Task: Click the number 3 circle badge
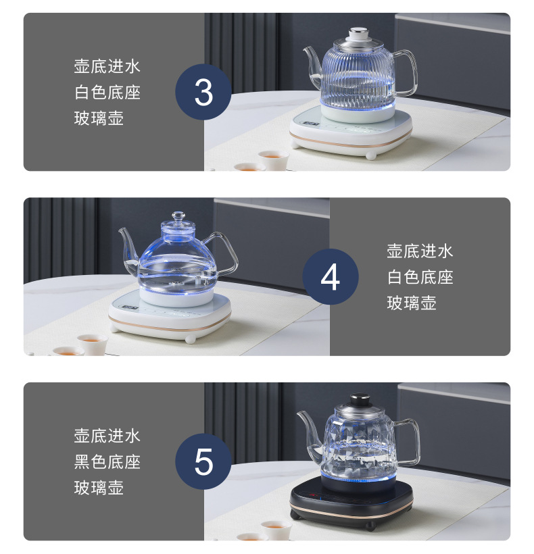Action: click(x=203, y=92)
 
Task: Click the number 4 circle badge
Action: click(x=331, y=276)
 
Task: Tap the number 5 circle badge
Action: click(x=203, y=461)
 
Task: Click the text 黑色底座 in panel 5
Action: click(x=107, y=462)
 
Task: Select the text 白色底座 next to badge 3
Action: click(x=107, y=92)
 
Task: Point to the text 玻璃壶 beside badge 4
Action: click(x=412, y=303)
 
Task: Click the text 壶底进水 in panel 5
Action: click(x=107, y=436)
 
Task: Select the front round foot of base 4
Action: click(x=190, y=339)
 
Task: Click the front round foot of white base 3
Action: click(x=370, y=155)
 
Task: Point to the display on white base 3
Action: click(x=311, y=124)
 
